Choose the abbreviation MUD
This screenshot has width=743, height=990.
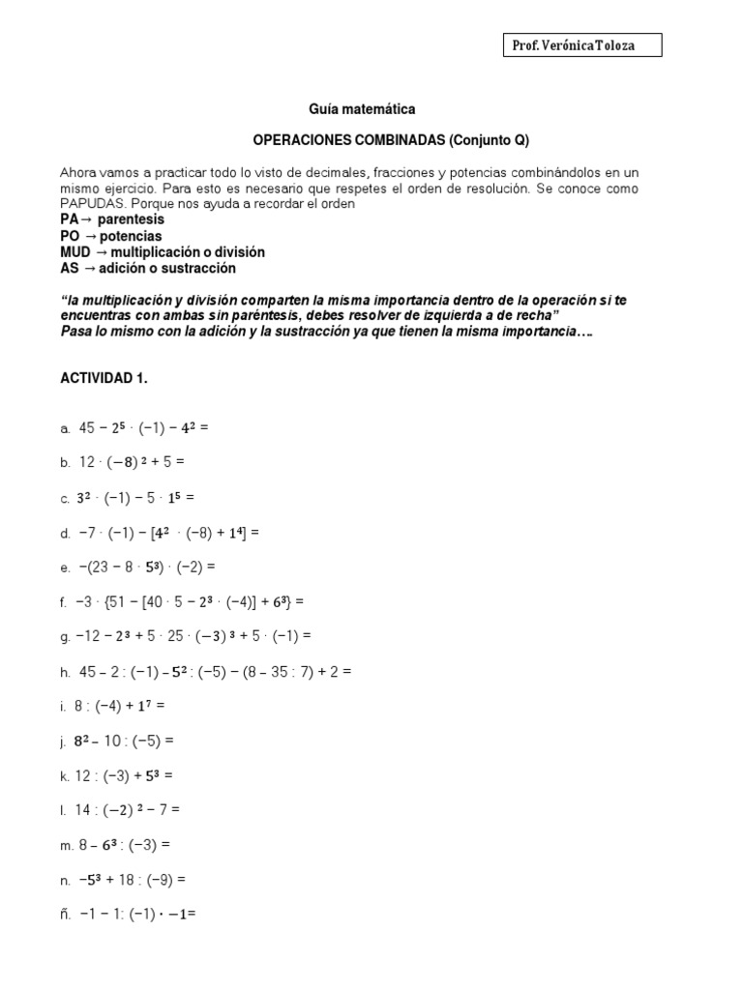point(74,252)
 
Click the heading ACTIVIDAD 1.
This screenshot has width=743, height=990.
point(104,379)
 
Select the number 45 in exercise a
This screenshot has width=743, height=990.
point(87,428)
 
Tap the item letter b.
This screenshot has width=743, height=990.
point(64,464)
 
